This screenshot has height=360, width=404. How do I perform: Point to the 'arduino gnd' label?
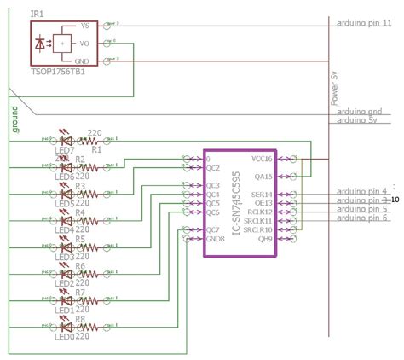(359, 111)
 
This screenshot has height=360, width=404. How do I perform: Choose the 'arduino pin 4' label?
(361, 191)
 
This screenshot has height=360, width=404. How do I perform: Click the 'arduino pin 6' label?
(361, 218)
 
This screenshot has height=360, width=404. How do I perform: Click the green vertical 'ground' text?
(16, 119)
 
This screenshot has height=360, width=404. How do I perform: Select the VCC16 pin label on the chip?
(261, 159)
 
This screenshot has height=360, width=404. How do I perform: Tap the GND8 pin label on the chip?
(215, 239)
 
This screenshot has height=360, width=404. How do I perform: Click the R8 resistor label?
(80, 319)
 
